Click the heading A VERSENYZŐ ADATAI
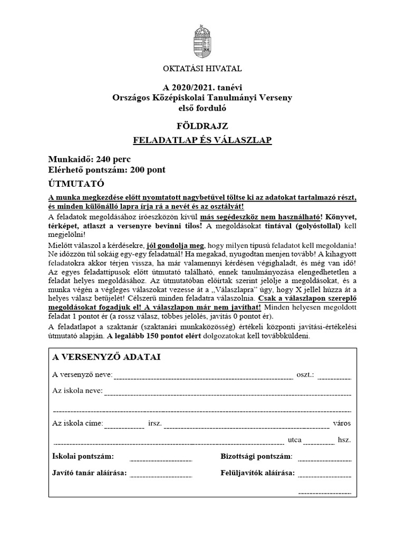click(x=107, y=357)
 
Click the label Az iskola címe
click(x=78, y=423)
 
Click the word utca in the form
click(x=295, y=439)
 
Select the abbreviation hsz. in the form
click(x=344, y=439)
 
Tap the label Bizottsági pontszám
click(x=256, y=456)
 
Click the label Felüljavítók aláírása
click(x=257, y=473)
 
